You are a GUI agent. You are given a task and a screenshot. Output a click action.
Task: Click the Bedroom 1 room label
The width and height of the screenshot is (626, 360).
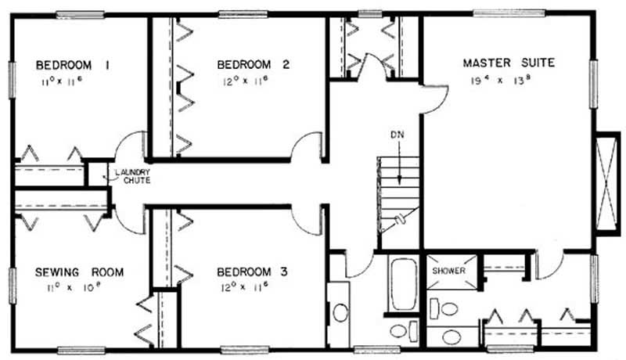coord(73,65)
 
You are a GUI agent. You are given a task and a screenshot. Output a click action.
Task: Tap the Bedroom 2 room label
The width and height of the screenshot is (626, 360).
coord(253,65)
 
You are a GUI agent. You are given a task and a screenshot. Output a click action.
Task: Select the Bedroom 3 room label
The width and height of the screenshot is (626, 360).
coord(252,272)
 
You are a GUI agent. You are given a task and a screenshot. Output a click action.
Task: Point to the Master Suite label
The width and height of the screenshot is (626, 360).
coord(509,63)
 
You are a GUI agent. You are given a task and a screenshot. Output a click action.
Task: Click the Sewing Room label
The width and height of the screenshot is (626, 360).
coord(80,272)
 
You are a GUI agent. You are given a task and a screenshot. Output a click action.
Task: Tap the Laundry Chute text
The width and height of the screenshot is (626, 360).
coord(133,176)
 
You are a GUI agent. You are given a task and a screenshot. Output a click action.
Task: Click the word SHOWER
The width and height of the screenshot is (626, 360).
coord(448,271)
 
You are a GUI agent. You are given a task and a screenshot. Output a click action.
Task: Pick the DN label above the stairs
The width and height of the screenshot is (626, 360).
coord(398,135)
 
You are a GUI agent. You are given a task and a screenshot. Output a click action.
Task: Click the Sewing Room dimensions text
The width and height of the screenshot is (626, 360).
coord(73,287)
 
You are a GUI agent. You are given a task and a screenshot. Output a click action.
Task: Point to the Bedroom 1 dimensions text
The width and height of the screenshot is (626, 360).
coord(62,82)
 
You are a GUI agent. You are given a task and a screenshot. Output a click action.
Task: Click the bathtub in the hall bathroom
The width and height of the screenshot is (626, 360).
coord(403,283)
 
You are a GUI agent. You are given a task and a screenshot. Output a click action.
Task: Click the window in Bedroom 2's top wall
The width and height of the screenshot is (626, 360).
coord(243,14)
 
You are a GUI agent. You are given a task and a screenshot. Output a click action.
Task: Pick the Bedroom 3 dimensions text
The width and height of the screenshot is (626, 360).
coord(244,287)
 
